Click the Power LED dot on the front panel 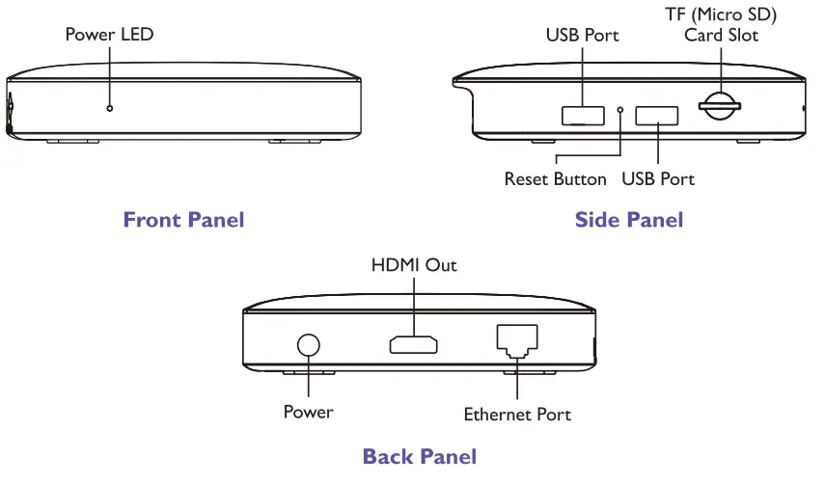(110, 108)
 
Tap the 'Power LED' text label (109, 35)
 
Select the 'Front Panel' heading (183, 220)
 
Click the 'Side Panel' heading (628, 220)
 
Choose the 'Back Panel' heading (419, 456)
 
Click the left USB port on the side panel (583, 116)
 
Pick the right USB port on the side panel (657, 116)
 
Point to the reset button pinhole (620, 110)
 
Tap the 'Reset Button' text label (556, 179)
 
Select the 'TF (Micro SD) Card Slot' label (722, 25)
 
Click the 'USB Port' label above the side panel (582, 36)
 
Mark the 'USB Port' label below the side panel (658, 179)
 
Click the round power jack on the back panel (309, 345)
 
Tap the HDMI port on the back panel (414, 344)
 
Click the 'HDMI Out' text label (414, 264)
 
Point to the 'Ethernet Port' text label (517, 415)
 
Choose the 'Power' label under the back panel (308, 412)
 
